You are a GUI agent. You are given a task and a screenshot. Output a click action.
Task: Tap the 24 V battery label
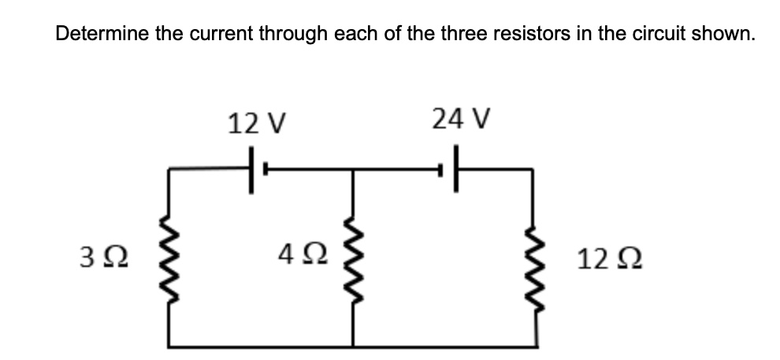tap(462, 120)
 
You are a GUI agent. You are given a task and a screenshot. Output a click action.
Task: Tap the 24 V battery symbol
tap(455, 169)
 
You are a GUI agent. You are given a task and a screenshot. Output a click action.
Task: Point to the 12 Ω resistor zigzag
tap(537, 255)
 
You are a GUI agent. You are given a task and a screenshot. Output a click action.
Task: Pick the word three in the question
tap(459, 35)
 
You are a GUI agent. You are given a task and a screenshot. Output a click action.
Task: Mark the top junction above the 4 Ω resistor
tap(352, 169)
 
